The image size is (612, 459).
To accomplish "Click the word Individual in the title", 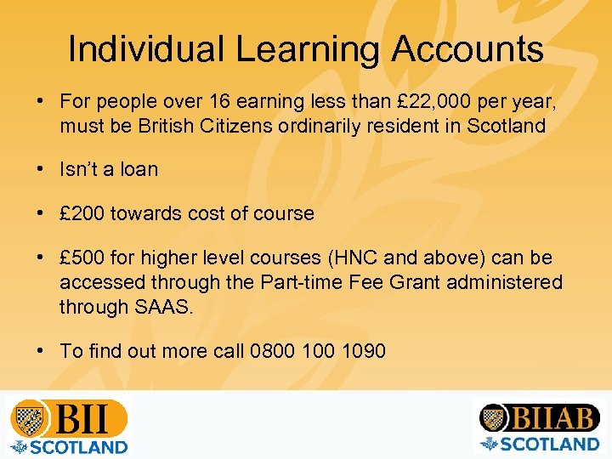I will pos(146,49).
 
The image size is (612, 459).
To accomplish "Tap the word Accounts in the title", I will pos(467,49).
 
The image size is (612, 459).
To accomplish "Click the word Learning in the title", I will pos(308,49).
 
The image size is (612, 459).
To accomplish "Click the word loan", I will pos(139,169).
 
